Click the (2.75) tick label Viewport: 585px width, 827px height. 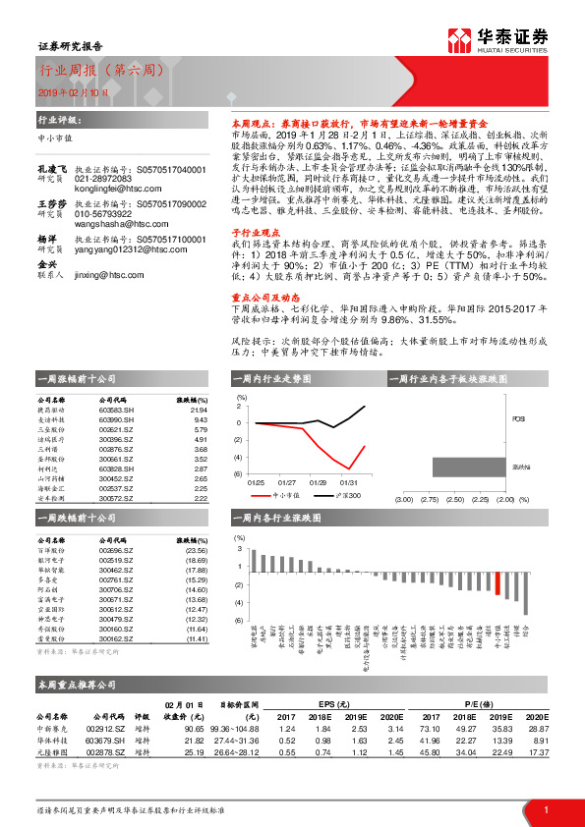click(430, 498)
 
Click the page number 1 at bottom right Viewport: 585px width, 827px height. click(545, 808)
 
